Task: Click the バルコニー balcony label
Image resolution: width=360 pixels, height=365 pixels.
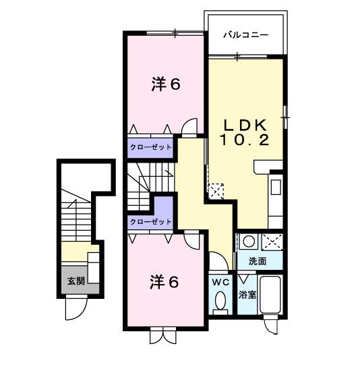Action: coord(245,34)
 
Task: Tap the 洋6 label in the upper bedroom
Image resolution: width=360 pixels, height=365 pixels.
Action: coord(164,85)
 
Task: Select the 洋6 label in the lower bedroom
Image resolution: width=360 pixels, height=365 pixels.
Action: coord(164,283)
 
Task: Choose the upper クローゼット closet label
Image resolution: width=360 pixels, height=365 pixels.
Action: coord(150,146)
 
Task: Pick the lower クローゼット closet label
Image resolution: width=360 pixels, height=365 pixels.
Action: coord(150,221)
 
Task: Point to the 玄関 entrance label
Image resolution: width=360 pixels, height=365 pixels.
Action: coord(76,281)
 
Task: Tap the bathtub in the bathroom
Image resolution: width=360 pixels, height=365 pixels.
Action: coord(270,296)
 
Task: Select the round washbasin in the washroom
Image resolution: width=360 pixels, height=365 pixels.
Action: coord(247,241)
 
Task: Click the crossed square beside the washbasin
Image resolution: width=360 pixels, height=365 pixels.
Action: coord(272,241)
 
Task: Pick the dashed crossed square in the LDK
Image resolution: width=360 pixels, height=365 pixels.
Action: coord(216,191)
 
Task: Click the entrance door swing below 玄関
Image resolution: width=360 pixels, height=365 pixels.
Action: coord(75,309)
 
